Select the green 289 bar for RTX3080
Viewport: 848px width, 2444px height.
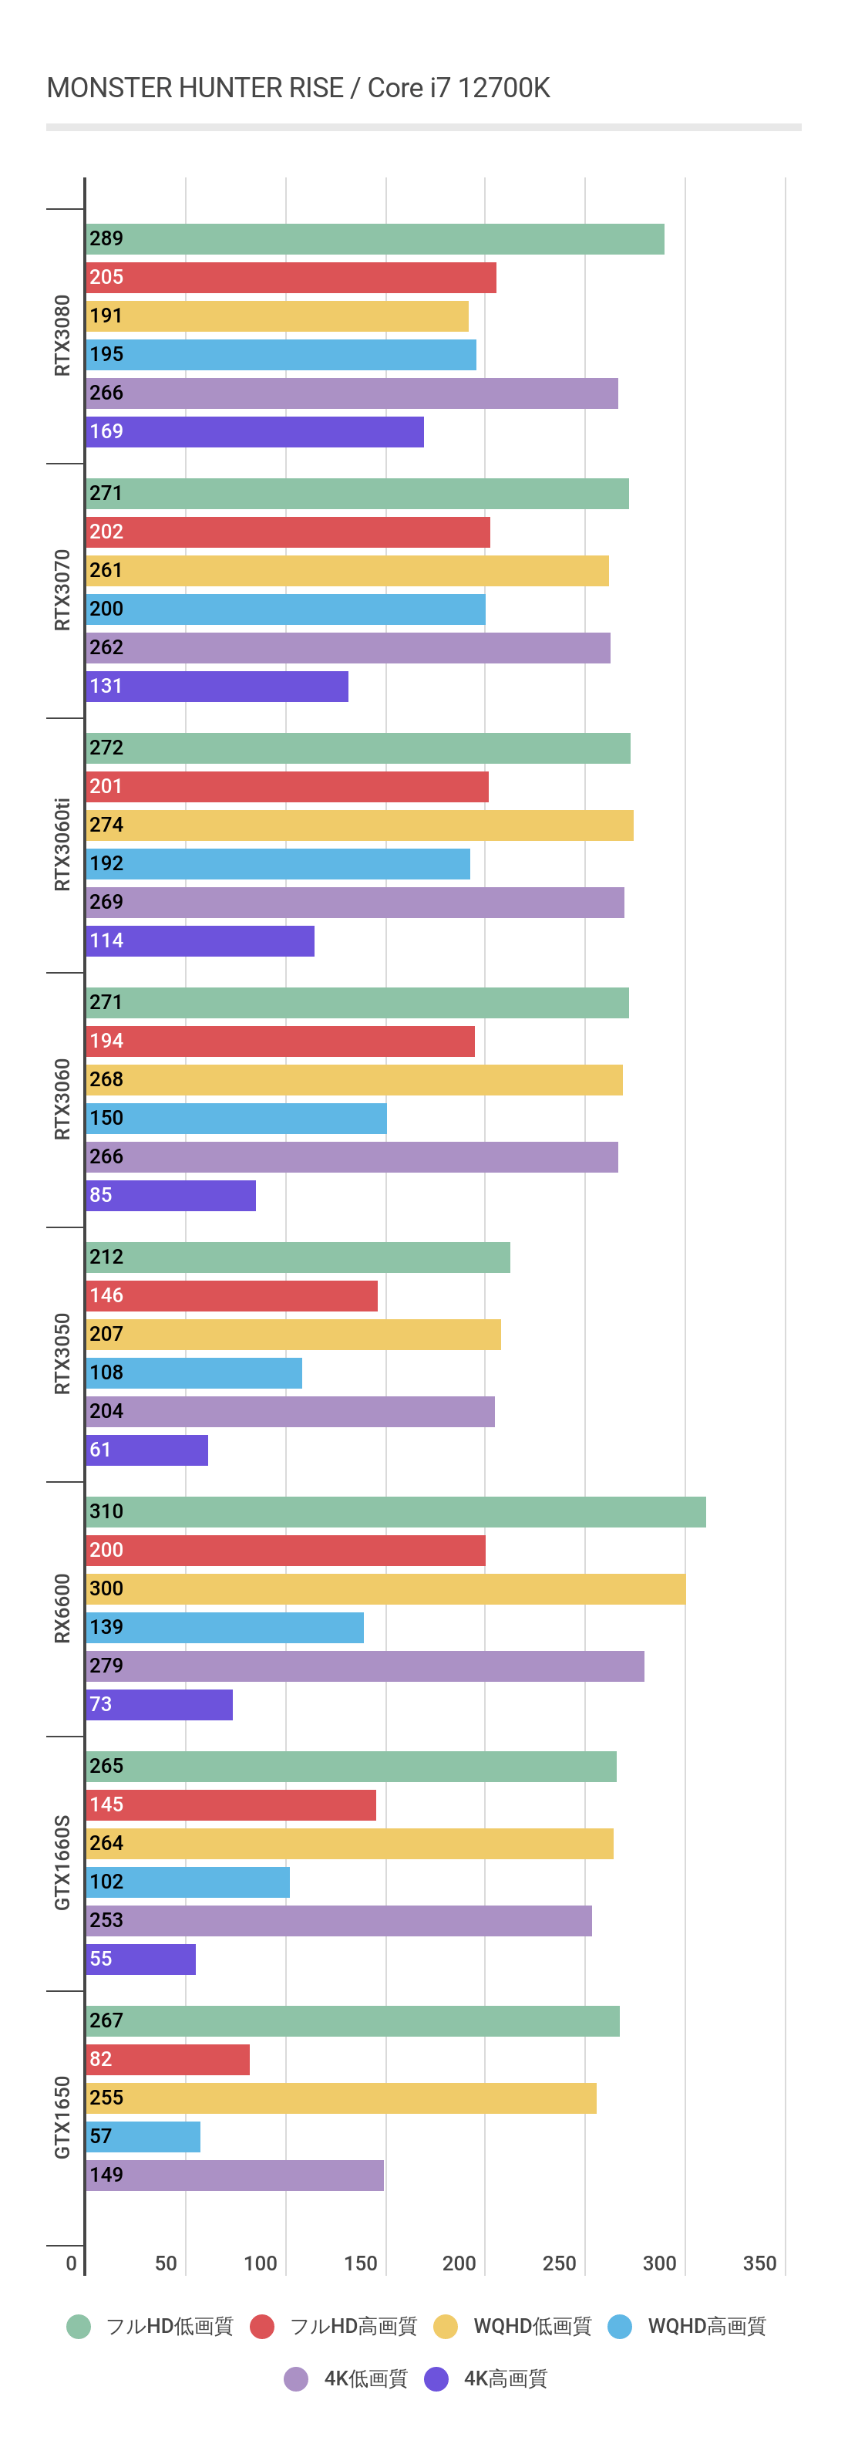pyautogui.click(x=375, y=239)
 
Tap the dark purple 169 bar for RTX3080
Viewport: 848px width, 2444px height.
pyautogui.click(x=254, y=432)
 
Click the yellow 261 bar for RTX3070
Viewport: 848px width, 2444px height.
pyautogui.click(x=347, y=571)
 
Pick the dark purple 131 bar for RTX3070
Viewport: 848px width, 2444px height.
pyautogui.click(x=217, y=687)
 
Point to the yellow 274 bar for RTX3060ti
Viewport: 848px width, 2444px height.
pyautogui.click(x=359, y=825)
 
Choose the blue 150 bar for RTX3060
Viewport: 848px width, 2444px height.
pyautogui.click(x=236, y=1119)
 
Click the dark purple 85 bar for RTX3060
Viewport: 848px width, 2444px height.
pyautogui.click(x=170, y=1196)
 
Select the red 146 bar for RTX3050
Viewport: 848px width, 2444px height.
pyautogui.click(x=231, y=1296)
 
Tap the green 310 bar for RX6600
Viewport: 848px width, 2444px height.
pyautogui.click(x=395, y=1512)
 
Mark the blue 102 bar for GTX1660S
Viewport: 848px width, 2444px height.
pyautogui.click(x=188, y=1882)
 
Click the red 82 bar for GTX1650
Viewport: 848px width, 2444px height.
pyautogui.click(x=168, y=2060)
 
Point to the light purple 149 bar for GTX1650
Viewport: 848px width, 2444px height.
pyautogui.click(x=234, y=2176)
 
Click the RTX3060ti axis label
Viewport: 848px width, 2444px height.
pyautogui.click(x=62, y=845)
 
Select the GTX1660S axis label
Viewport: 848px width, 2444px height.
pyautogui.click(x=62, y=1862)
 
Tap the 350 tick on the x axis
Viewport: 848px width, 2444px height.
pyautogui.click(x=759, y=2263)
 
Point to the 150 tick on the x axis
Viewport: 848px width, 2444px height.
pyautogui.click(x=361, y=2263)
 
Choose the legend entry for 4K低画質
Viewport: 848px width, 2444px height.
pyautogui.click(x=346, y=2378)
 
